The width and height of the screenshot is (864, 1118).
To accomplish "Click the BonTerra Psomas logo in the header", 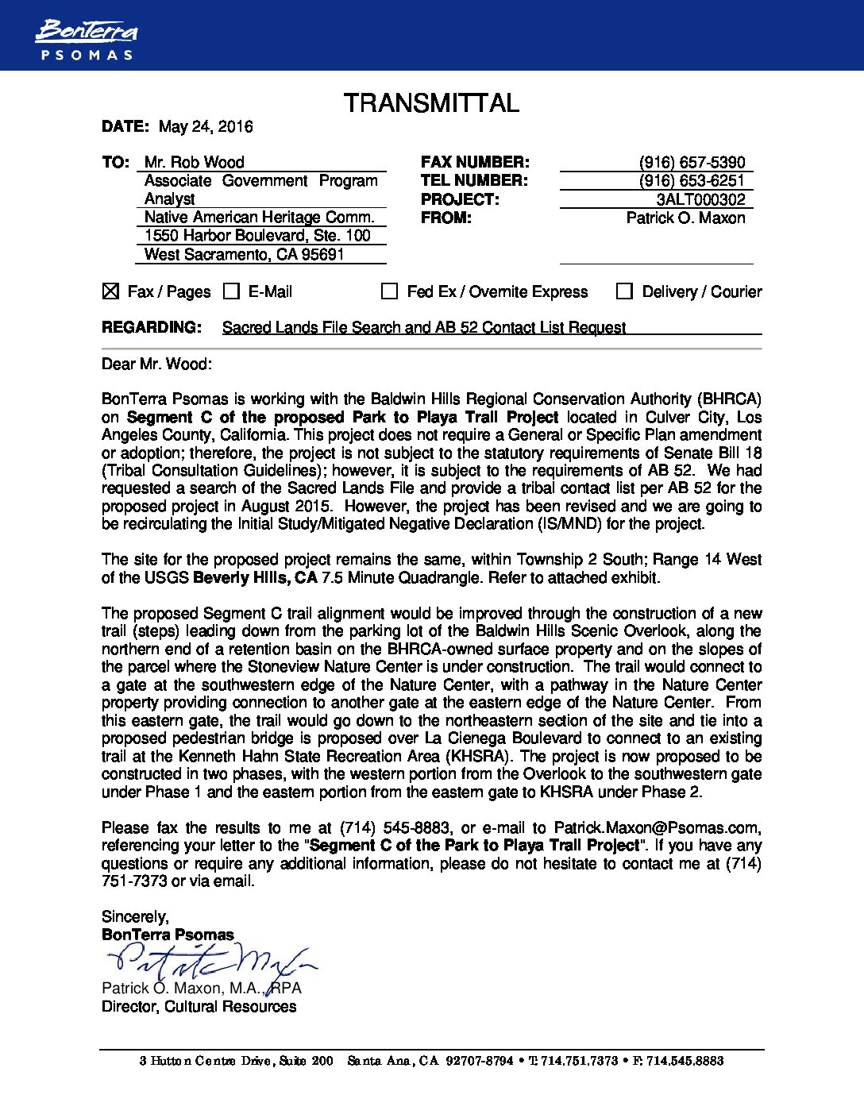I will (x=86, y=40).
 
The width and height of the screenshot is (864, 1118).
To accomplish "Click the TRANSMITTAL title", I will (x=431, y=103).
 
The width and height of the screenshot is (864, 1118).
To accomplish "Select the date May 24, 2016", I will (x=206, y=126).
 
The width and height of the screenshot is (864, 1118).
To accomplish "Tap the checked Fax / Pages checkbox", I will (x=111, y=291).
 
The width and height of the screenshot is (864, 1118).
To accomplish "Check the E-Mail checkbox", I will (x=231, y=291).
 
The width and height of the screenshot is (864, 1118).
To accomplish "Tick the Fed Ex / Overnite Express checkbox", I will (x=389, y=291).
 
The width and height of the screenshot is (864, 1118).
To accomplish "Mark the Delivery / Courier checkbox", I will (x=624, y=291).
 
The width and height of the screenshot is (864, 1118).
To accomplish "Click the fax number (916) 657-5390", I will (x=692, y=162).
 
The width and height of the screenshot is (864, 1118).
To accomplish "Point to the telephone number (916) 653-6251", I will (x=692, y=181).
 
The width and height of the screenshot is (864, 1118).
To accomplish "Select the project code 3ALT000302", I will (x=700, y=199).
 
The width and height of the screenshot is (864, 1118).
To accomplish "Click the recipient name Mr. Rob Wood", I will (x=194, y=162).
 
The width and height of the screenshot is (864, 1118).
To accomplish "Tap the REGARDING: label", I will (x=151, y=327).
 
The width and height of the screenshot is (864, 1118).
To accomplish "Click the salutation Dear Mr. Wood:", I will (x=156, y=364).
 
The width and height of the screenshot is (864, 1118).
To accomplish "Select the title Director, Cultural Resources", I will (x=199, y=1006).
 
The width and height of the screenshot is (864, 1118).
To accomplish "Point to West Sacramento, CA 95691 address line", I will (x=244, y=254).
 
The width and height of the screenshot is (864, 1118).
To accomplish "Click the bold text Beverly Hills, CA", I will (x=255, y=577).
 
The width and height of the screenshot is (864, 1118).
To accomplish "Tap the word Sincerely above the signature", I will (x=135, y=916).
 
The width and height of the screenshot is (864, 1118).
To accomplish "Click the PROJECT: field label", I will (x=460, y=199).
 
